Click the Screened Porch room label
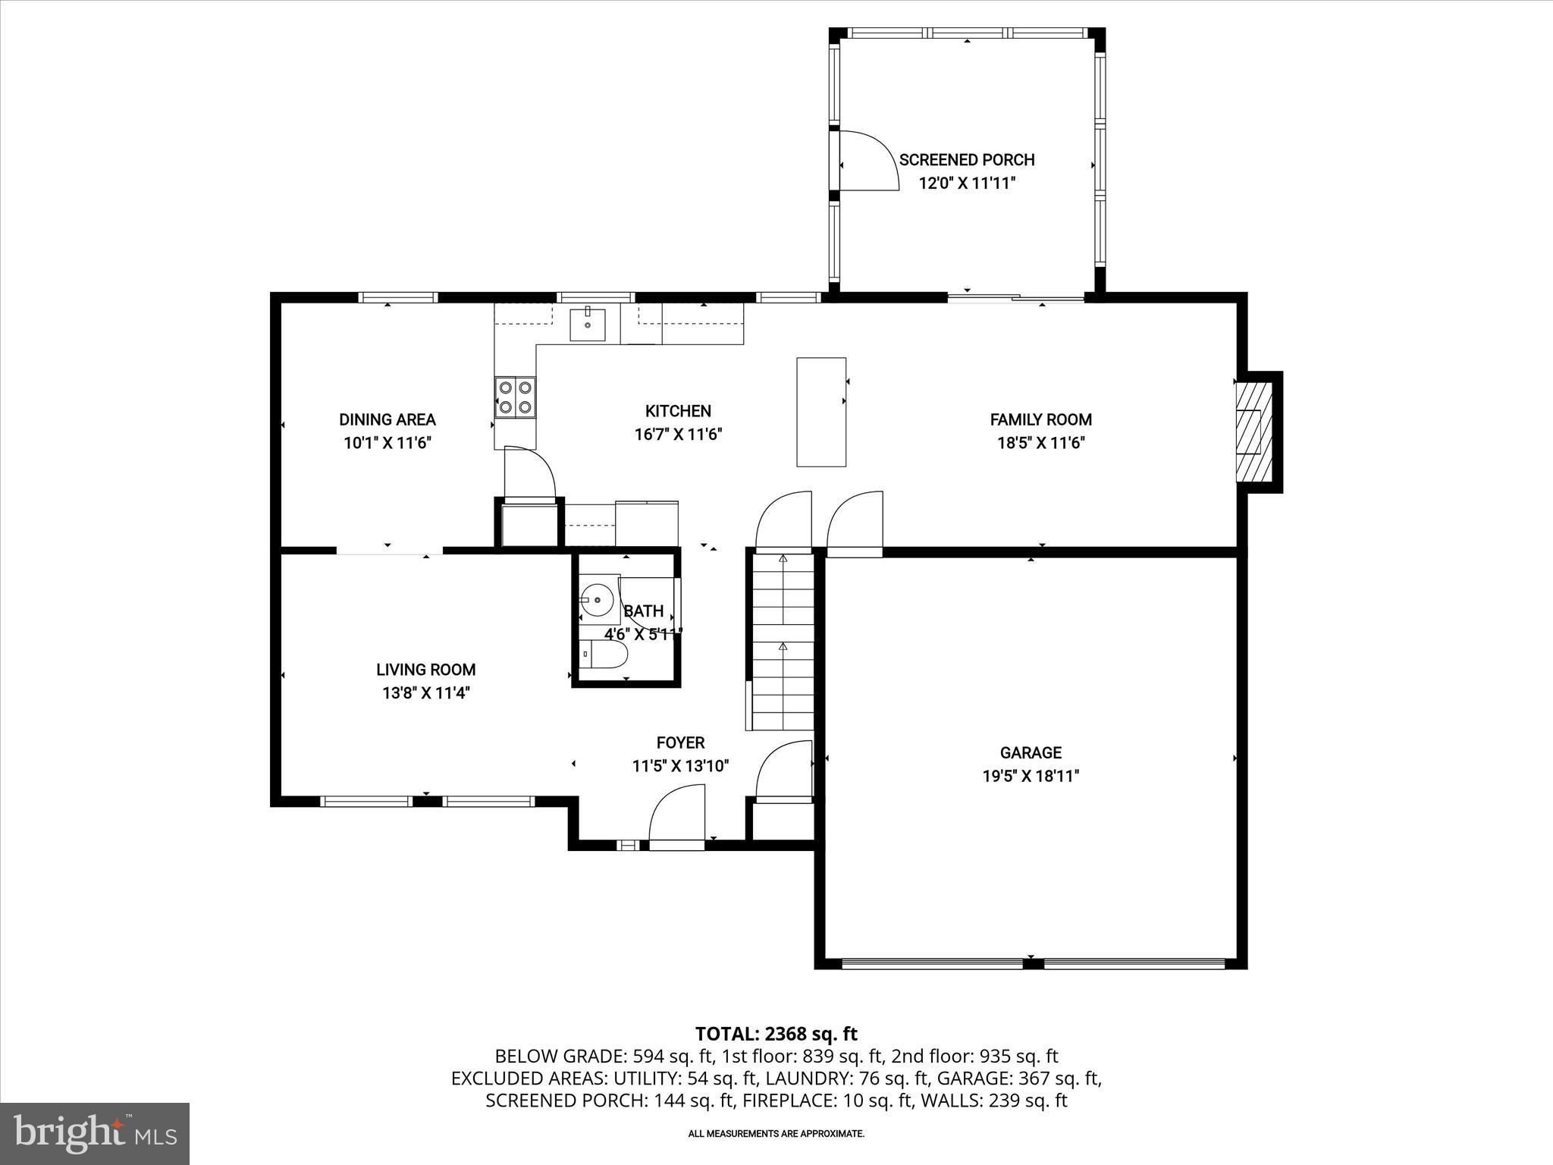(x=966, y=160)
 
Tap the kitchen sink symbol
(x=588, y=325)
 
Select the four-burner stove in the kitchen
(x=515, y=397)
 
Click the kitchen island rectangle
(x=820, y=411)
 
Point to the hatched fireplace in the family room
(x=1251, y=432)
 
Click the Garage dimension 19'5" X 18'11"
(x=1030, y=776)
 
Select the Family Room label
(x=1040, y=419)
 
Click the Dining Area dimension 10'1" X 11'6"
(x=387, y=443)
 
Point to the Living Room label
(x=425, y=670)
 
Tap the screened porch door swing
(x=867, y=161)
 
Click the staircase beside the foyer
(x=783, y=641)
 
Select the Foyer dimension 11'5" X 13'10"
(x=680, y=766)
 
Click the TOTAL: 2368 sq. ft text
(x=776, y=1034)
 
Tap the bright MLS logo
(x=95, y=1134)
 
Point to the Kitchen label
(x=678, y=411)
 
